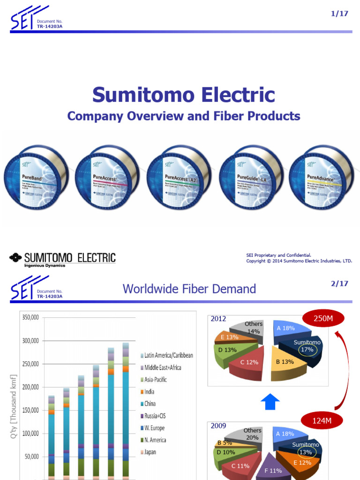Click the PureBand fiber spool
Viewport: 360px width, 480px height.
click(x=36, y=177)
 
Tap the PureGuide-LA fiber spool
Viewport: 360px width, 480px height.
click(x=251, y=177)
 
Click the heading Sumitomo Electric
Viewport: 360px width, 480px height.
click(x=183, y=95)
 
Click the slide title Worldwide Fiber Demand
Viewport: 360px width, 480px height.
click(x=189, y=288)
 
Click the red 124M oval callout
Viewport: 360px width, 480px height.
click(x=322, y=420)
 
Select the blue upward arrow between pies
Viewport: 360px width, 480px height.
click(x=271, y=402)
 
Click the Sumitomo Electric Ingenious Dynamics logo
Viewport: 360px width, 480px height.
click(x=62, y=259)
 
